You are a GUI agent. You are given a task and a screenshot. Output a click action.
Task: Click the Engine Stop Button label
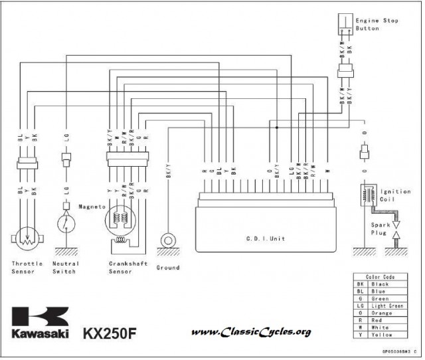tap(377, 25)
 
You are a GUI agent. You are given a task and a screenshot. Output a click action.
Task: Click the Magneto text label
tap(92, 207)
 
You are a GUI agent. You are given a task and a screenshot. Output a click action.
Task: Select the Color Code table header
tap(380, 276)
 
